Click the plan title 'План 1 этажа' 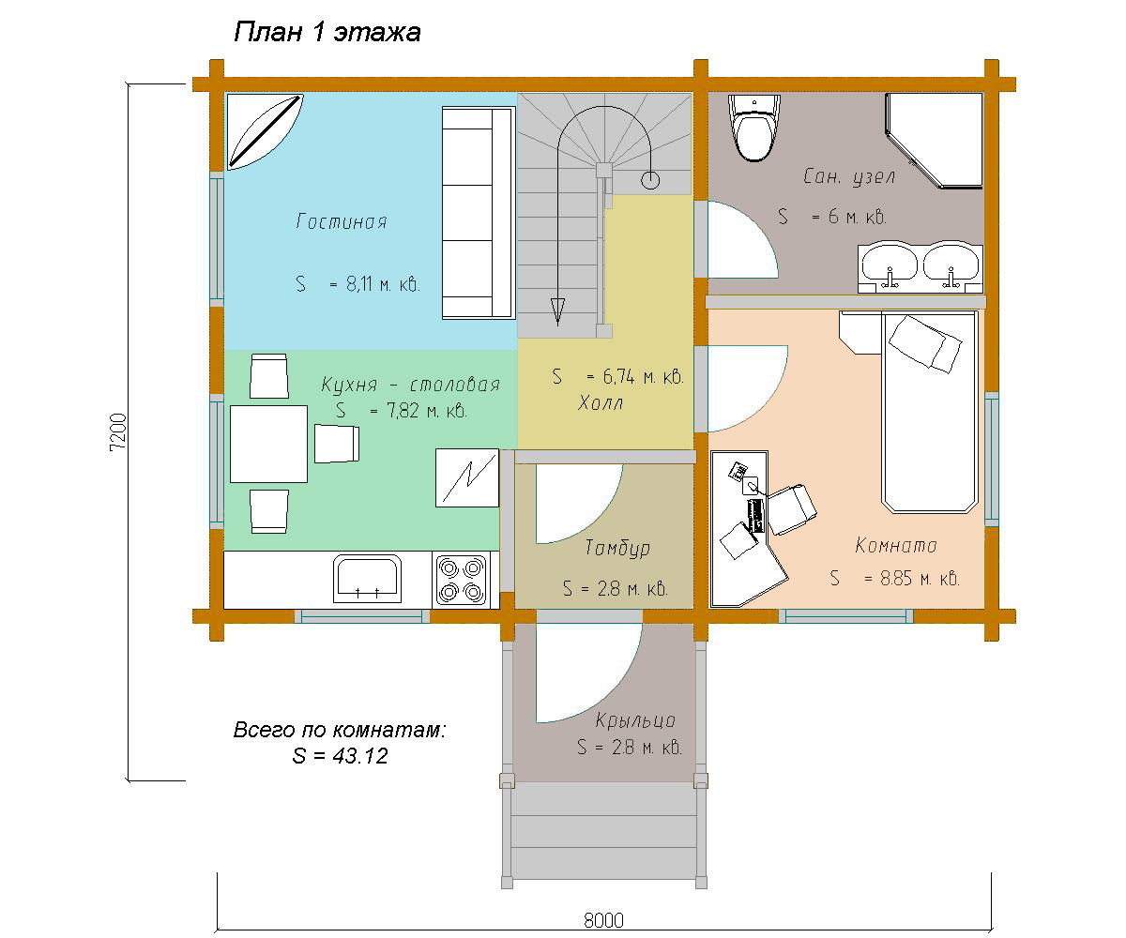pyautogui.click(x=327, y=32)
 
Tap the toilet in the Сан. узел pyautogui.click(x=753, y=129)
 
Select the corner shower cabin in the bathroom pyautogui.click(x=934, y=142)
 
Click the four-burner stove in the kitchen pyautogui.click(x=461, y=580)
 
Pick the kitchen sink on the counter pyautogui.click(x=367, y=579)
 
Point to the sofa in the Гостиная pyautogui.click(x=479, y=213)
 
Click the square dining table pyautogui.click(x=268, y=445)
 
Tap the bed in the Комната pyautogui.click(x=929, y=412)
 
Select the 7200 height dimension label pyautogui.click(x=118, y=431)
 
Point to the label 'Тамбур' pyautogui.click(x=617, y=548)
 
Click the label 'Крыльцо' pyautogui.click(x=635, y=720)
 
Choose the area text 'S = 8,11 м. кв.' pyautogui.click(x=358, y=283)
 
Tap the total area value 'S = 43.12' pyautogui.click(x=340, y=756)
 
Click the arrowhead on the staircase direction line pyautogui.click(x=558, y=311)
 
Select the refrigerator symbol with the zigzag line pyautogui.click(x=467, y=477)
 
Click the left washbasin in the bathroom pyautogui.click(x=890, y=266)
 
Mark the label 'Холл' pyautogui.click(x=601, y=403)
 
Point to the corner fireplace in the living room pyautogui.click(x=265, y=131)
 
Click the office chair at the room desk pyautogui.click(x=791, y=509)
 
